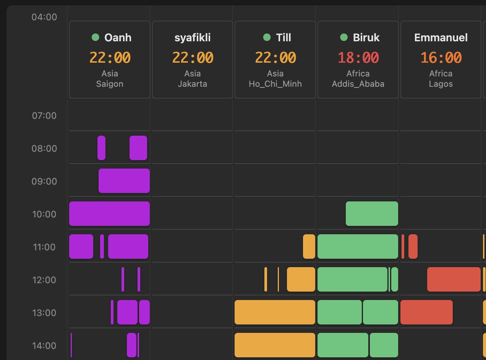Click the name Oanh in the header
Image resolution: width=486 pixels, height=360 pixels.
tap(118, 37)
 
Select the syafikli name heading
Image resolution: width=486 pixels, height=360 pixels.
tap(193, 37)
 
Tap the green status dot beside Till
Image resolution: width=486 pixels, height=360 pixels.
tap(267, 37)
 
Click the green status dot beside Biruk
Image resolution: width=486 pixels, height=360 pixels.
tap(344, 37)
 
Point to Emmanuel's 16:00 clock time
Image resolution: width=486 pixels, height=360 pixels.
tap(441, 58)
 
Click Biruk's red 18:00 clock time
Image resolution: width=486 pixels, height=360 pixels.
tap(358, 58)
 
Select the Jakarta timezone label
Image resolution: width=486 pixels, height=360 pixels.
tap(193, 84)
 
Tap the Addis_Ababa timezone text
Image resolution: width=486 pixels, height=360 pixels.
tap(358, 84)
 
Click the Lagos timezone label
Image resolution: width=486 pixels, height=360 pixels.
tap(441, 84)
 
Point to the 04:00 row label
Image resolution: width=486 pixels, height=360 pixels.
tap(44, 17)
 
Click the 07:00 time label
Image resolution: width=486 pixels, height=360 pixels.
tap(44, 116)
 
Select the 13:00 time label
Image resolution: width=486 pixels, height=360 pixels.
tap(44, 313)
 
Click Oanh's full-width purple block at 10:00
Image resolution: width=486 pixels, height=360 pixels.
tap(109, 214)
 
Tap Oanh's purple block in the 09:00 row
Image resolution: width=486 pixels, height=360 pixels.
tap(124, 181)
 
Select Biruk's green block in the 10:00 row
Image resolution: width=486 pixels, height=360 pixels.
tap(372, 214)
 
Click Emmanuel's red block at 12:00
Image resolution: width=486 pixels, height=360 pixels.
tap(454, 279)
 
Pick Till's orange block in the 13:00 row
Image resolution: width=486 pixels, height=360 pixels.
tap(275, 312)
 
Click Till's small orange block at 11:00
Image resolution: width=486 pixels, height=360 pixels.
tap(309, 246)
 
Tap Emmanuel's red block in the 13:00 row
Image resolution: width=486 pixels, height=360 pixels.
tap(426, 312)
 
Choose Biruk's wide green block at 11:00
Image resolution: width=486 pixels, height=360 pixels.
tap(358, 246)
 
